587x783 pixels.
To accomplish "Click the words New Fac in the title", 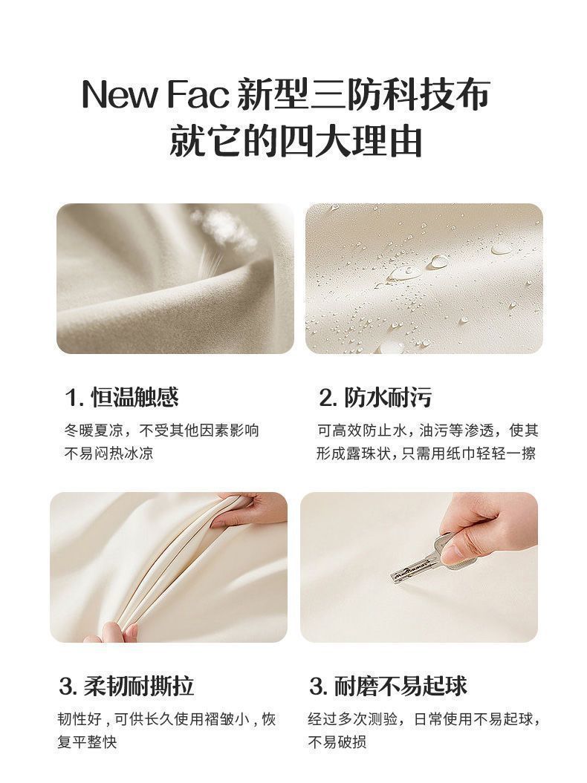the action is (155, 94).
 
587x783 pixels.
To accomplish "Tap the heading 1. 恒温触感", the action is (122, 398).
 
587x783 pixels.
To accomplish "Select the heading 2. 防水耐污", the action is (375, 398).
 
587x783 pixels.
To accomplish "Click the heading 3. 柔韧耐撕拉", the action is (126, 686).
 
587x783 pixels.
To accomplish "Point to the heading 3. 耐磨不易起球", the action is (388, 686).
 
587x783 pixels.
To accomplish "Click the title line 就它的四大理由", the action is (296, 142).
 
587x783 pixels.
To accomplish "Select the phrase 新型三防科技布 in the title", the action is (363, 94).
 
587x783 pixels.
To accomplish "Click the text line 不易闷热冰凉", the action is (109, 453).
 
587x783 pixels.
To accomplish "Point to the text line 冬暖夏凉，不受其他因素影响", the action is (162, 430).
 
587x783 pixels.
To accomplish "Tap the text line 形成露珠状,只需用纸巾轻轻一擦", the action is (426, 453).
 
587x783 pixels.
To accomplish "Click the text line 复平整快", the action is (87, 742).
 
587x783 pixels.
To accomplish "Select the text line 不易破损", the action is (337, 742).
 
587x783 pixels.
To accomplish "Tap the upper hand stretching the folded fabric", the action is (250, 509).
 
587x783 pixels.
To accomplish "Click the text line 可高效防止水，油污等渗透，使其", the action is (428, 430).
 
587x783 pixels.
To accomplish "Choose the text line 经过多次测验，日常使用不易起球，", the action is (424, 719).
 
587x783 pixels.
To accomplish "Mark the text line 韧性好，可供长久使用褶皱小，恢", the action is (167, 719).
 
